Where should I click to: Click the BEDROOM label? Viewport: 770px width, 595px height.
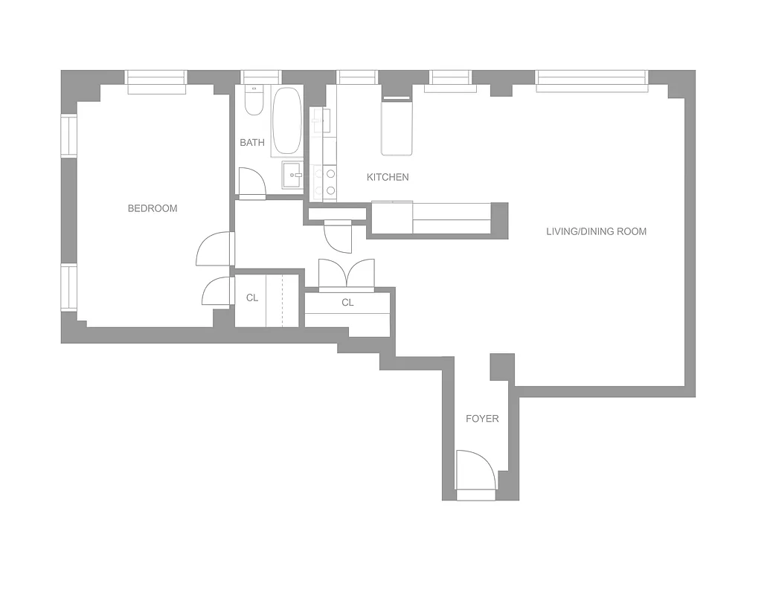[x=153, y=208]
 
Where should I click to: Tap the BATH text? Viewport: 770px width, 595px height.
[x=252, y=142]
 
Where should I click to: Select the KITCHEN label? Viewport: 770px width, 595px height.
[x=388, y=177]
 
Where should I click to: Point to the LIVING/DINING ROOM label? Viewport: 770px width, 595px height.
[x=596, y=231]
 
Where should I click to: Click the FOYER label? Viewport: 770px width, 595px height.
[x=482, y=419]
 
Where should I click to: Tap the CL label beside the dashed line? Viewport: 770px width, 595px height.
[x=252, y=297]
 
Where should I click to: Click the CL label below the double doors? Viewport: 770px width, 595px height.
[x=347, y=303]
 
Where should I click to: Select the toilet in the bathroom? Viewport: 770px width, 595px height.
[x=254, y=102]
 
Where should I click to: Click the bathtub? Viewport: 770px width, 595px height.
[x=286, y=121]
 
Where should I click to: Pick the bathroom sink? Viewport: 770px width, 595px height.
[x=292, y=176]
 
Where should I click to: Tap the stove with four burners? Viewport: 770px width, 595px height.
[x=324, y=182]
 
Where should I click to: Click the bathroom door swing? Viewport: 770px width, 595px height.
[x=251, y=183]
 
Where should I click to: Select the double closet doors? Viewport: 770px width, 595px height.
[x=347, y=273]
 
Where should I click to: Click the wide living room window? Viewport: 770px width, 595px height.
[x=591, y=80]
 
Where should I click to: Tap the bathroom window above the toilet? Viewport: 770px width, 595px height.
[x=261, y=77]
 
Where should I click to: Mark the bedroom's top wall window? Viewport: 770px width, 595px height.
[x=155, y=81]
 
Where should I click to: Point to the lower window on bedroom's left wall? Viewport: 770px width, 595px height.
[x=69, y=288]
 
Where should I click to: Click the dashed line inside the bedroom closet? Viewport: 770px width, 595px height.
[x=283, y=300]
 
